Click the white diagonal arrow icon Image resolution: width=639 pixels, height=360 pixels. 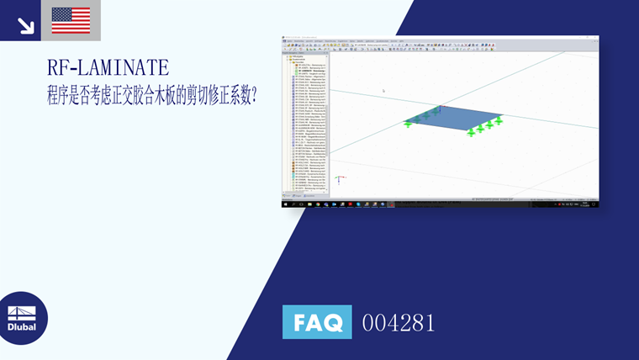(x=26, y=25)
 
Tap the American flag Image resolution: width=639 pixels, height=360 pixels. (x=71, y=20)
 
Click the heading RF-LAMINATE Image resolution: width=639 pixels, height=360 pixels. (x=108, y=67)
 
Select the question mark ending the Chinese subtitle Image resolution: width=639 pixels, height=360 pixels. (x=254, y=95)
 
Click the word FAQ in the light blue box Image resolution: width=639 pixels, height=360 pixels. (x=317, y=322)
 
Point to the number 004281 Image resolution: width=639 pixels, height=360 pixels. (x=398, y=322)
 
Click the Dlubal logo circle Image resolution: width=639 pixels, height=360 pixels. (x=23, y=318)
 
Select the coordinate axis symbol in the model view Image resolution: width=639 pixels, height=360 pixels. (x=338, y=178)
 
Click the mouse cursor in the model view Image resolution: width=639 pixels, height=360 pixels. (x=383, y=91)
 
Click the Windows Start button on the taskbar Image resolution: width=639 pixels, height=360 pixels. (x=285, y=204)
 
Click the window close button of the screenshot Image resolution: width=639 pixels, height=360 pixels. (x=595, y=38)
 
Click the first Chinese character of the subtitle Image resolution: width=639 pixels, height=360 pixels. (x=55, y=95)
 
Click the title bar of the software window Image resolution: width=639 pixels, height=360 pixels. (x=437, y=38)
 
